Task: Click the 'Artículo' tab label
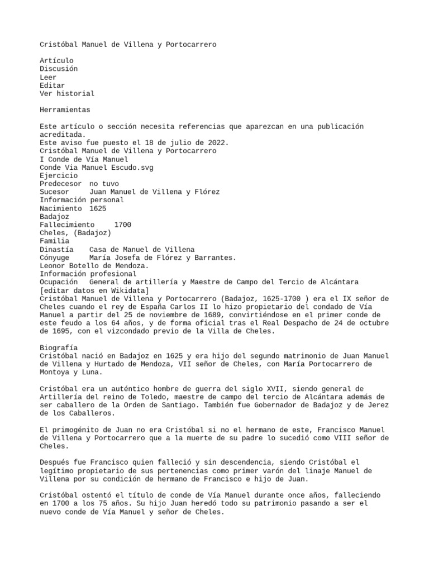pos(56,60)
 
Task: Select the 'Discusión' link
pos(59,69)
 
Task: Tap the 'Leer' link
pos(48,77)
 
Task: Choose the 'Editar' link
pos(53,85)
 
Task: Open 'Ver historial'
pos(67,94)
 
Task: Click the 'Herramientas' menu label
pos(65,110)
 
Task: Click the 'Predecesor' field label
pos(60,184)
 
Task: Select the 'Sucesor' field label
pos(54,192)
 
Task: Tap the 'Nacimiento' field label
pos(60,208)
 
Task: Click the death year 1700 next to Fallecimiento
pos(122,225)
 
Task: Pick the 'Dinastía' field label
pos(56,249)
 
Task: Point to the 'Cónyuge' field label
pos(54,258)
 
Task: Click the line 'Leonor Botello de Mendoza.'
pos(94,266)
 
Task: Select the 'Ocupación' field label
pos(59,282)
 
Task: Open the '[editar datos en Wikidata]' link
pos(94,290)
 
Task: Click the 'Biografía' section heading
pos(59,347)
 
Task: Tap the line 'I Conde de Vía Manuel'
pos(84,159)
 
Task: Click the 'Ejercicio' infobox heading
pos(59,175)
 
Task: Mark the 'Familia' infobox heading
pos(54,241)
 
